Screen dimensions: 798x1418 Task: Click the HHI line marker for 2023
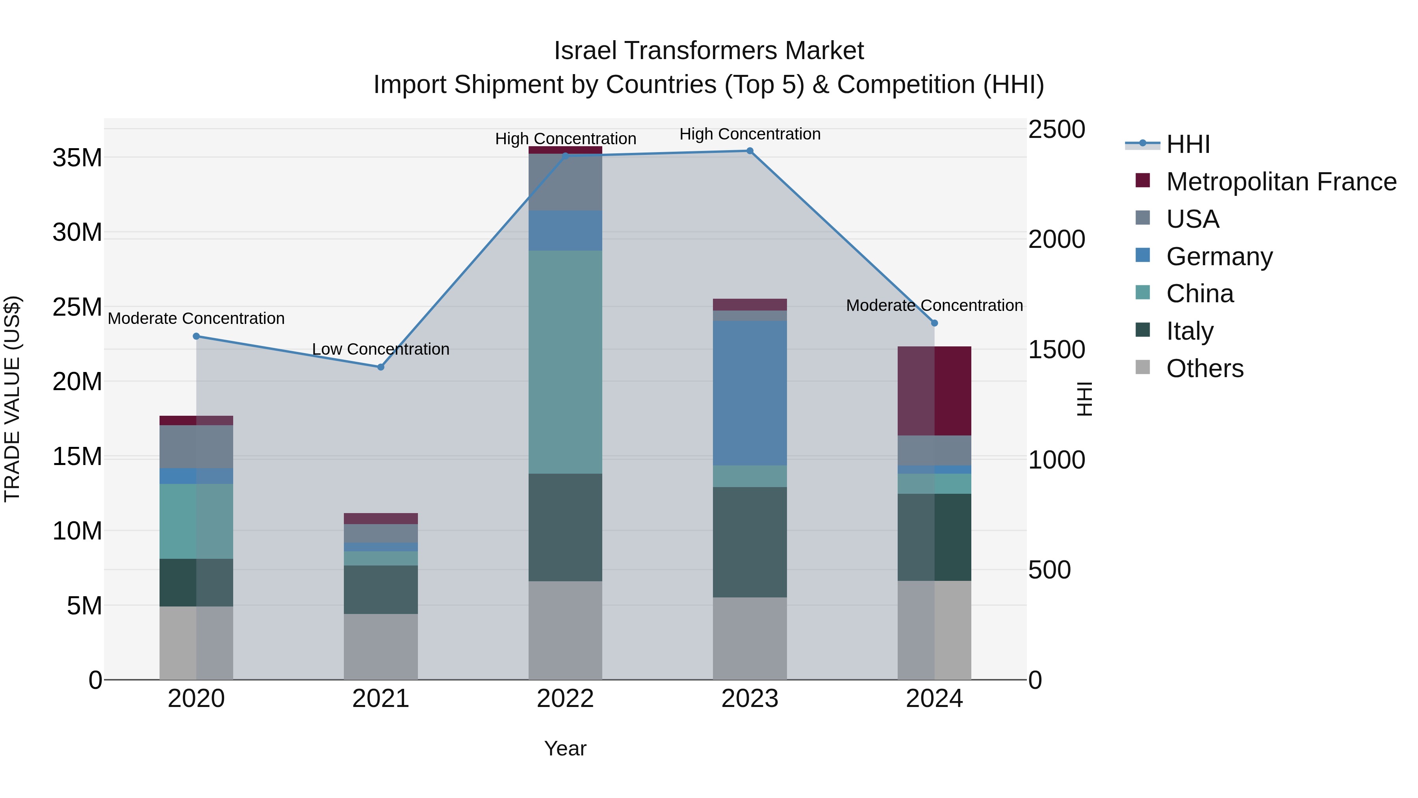749,151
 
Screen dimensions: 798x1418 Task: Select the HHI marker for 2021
380,367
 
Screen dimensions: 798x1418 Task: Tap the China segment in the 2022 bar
565,362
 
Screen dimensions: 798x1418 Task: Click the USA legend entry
1192,219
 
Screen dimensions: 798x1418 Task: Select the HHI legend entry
1188,144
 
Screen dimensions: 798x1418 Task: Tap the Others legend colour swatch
1142,367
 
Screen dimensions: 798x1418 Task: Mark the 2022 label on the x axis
565,699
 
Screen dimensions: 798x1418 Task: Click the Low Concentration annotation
380,349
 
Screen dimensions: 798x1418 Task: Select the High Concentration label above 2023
749,134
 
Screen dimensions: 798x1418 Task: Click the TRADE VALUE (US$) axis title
12,399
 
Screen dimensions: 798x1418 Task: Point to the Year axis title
565,748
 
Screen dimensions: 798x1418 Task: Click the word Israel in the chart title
585,51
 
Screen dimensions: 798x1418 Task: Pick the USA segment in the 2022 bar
565,182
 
